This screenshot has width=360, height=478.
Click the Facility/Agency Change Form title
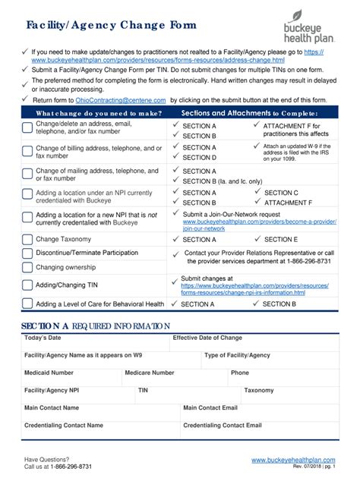[112, 25]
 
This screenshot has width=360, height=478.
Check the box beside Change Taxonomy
[27, 239]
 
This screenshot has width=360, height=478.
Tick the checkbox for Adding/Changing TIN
[27, 285]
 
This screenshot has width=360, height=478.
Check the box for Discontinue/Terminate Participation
[27, 253]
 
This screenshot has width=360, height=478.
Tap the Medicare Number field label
[150, 373]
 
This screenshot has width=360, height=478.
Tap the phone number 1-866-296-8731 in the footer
[70, 467]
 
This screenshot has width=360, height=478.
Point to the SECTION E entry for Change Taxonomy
[280, 239]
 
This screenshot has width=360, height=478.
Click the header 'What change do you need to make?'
[98, 113]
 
